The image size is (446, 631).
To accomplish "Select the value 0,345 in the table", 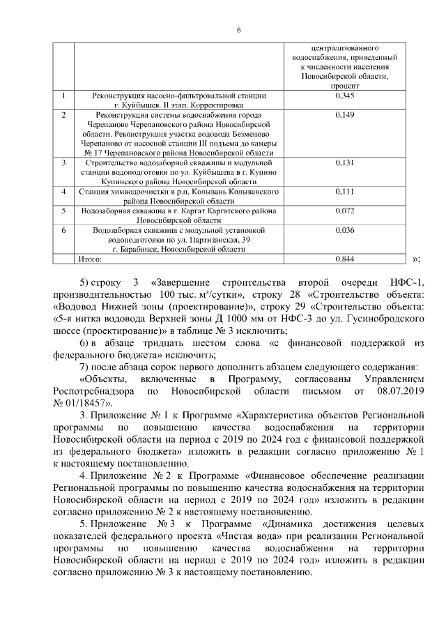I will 345,95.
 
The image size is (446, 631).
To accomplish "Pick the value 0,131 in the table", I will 345,162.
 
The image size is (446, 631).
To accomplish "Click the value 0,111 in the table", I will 345,191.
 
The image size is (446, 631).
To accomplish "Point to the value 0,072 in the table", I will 345,210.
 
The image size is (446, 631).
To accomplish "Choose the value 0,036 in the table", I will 345,229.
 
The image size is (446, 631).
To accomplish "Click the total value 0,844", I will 345,259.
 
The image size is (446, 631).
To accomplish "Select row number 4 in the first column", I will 63,191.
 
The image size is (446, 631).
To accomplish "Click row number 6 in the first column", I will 63,229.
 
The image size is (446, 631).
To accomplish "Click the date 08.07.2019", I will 401,392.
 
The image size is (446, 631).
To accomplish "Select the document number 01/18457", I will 82,403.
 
